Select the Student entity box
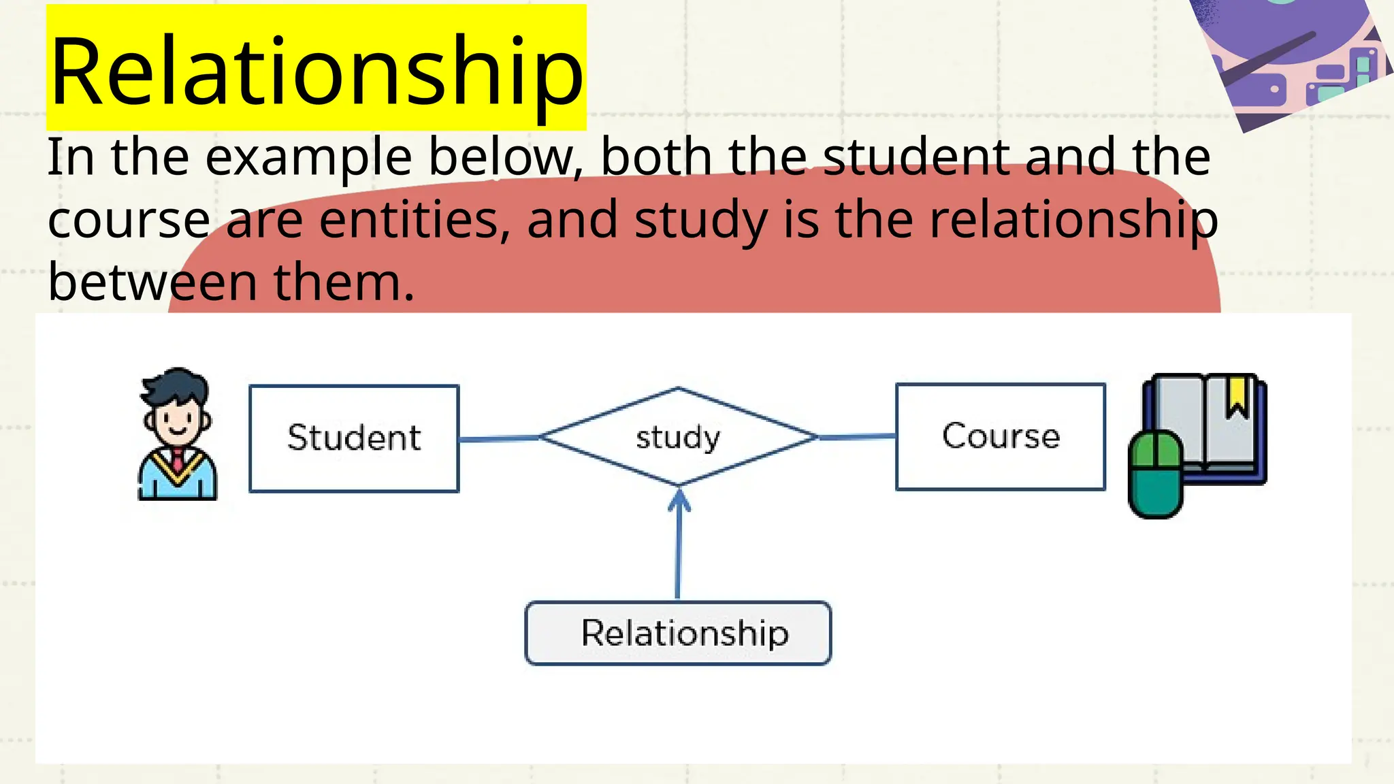(x=354, y=438)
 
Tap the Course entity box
(x=1001, y=436)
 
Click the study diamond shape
(x=678, y=437)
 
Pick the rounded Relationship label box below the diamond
(x=678, y=633)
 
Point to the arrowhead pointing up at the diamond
(x=679, y=500)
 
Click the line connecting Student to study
(x=499, y=439)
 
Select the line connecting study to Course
(x=856, y=437)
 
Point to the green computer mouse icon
(x=1156, y=475)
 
